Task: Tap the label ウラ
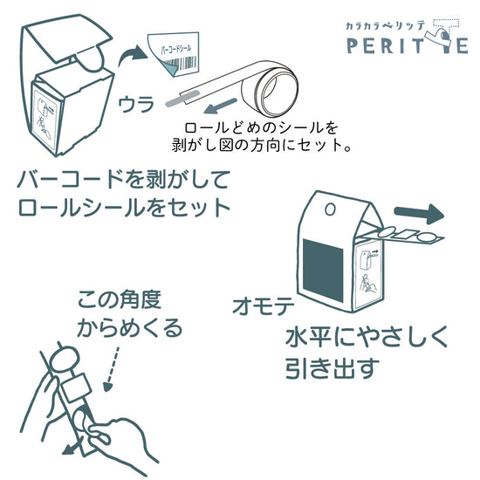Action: [x=136, y=104]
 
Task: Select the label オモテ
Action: [x=264, y=306]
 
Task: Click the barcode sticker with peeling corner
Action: [x=174, y=55]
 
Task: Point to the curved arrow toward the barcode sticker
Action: [x=133, y=55]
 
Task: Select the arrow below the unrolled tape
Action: [x=221, y=106]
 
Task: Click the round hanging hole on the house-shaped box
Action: [x=330, y=209]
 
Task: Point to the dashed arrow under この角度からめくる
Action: [x=112, y=369]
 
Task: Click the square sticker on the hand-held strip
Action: [x=75, y=388]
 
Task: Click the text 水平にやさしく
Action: [x=367, y=336]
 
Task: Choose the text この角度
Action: [x=120, y=299]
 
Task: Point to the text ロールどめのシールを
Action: [x=261, y=127]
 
